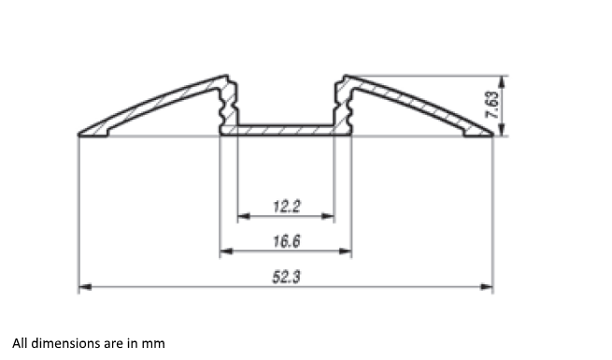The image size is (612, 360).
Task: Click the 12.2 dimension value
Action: tap(287, 207)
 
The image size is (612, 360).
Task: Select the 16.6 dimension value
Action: tap(287, 241)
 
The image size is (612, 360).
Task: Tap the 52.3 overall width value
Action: tap(287, 277)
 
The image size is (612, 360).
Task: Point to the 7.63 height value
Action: tap(491, 105)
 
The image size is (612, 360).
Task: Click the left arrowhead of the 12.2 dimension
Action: tap(244, 216)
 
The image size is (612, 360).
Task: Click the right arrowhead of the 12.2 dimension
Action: tap(328, 216)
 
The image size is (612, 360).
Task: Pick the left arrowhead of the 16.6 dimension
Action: tap(226, 251)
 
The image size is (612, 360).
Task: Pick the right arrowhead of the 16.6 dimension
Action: tap(346, 251)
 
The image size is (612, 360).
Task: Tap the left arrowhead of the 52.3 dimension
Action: tap(85, 287)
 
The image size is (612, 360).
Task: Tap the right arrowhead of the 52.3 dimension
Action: tap(487, 287)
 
